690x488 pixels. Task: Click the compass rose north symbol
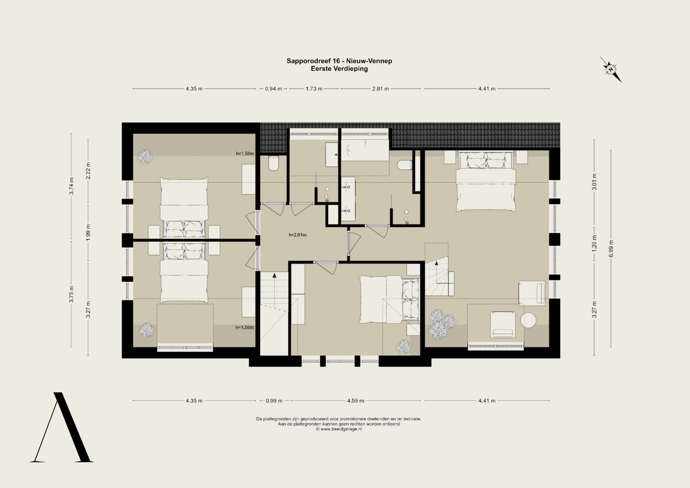pos(610,70)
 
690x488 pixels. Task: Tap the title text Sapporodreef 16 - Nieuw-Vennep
pos(339,61)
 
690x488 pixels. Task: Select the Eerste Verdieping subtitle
pos(339,69)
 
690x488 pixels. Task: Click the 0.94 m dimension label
pos(273,89)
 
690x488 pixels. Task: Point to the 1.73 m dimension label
pos(314,89)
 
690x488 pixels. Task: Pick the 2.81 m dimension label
pos(380,89)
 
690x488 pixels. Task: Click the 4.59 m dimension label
pos(356,401)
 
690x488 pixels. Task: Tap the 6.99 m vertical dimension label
pos(611,249)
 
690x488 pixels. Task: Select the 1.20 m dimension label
pos(594,243)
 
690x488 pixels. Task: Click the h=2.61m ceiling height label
pos(298,235)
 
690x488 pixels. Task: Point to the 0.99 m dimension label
pos(274,401)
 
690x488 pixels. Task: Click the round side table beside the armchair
pos(528,320)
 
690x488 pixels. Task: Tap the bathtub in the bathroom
pos(365,150)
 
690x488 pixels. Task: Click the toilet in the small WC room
pos(273,163)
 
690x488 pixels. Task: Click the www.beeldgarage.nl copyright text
pos(339,429)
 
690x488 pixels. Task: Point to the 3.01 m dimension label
pos(594,182)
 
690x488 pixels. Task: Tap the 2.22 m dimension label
pos(88,170)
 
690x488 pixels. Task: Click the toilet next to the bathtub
pos(404,165)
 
